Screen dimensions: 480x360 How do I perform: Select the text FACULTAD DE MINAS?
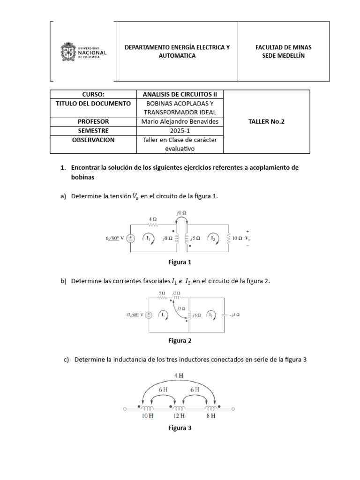coord(283,47)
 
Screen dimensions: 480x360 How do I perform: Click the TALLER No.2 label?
coord(266,121)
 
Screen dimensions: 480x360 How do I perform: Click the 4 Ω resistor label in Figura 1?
coord(153,218)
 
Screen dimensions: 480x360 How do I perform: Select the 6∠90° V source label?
coord(116,238)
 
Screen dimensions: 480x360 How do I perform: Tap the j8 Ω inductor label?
coord(167,238)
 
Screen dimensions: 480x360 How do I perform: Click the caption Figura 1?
coord(180,262)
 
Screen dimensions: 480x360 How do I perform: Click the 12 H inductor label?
coord(179,416)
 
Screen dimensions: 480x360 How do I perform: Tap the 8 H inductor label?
coord(210,416)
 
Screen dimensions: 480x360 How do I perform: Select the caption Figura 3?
coord(180,428)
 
